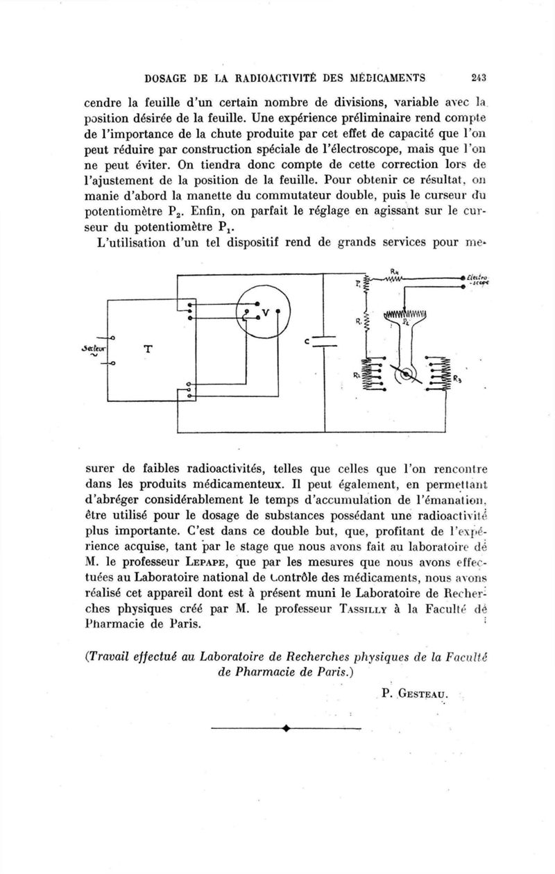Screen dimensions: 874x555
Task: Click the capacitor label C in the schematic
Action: (306, 342)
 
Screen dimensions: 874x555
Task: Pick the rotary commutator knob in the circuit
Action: (404, 376)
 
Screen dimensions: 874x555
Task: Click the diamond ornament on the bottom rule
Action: (285, 729)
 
